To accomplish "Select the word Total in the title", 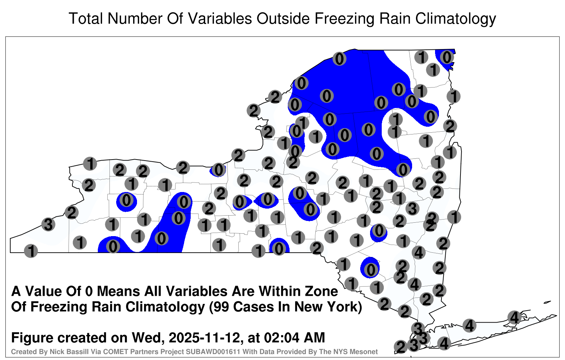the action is coord(85,18).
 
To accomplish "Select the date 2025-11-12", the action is coord(204,337).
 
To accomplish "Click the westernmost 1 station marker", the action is coord(31,251).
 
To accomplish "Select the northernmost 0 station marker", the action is coord(339,59).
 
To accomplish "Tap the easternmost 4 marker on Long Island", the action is coord(514,317).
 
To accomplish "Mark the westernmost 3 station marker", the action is coord(48,224).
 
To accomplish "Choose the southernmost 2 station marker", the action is coord(401,347).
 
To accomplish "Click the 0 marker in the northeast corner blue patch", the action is coord(447,57).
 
